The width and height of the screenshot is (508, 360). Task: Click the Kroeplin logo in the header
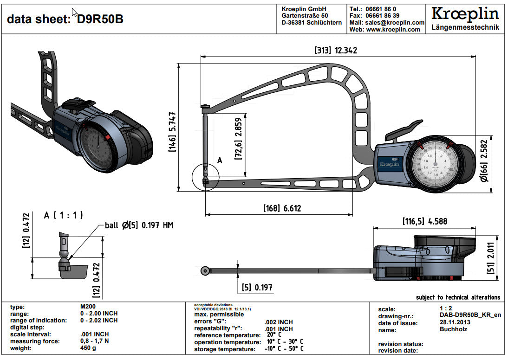[x=465, y=14]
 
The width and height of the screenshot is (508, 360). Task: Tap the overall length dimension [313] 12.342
[x=336, y=50]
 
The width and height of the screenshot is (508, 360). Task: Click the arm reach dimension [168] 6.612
[x=282, y=208]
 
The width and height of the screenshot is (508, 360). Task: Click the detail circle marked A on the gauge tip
[x=205, y=177]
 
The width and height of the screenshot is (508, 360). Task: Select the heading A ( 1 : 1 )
[x=63, y=215]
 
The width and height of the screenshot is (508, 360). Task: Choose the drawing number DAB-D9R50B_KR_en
[x=470, y=316]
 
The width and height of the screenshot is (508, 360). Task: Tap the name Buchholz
[x=453, y=330]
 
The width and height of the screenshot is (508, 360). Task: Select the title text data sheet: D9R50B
[x=65, y=19]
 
